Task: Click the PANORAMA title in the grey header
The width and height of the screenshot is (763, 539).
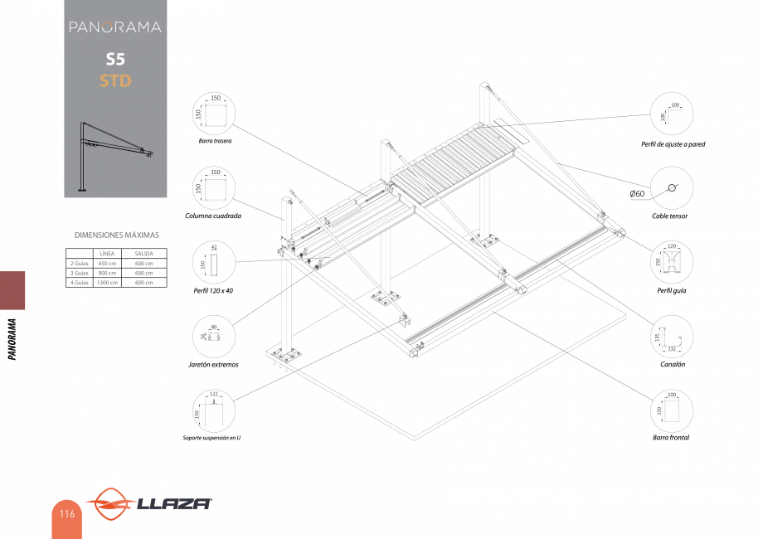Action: [115, 27]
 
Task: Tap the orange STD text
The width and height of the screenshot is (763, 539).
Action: [115, 80]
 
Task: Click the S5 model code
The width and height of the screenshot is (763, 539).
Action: [115, 60]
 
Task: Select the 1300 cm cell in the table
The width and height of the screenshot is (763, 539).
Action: [107, 283]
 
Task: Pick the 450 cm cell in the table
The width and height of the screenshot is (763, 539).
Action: [107, 263]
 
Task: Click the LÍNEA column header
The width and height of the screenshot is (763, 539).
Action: [107, 253]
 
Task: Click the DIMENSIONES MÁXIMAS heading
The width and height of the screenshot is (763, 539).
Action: [116, 236]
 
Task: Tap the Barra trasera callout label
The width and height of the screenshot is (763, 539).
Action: [215, 141]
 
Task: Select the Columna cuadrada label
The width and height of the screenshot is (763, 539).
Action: [214, 216]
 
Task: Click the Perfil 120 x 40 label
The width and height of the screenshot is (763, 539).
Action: [214, 291]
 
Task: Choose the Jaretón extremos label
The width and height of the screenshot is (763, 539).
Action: [214, 365]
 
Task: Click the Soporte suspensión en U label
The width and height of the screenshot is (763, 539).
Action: [212, 438]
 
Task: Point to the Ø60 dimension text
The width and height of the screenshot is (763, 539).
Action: [637, 193]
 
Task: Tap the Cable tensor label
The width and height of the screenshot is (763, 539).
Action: [670, 216]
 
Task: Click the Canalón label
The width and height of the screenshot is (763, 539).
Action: [672, 364]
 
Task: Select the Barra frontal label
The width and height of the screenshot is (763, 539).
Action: [671, 437]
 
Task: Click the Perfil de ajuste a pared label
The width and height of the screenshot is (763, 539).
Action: [673, 144]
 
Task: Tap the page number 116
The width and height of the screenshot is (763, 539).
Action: [66, 514]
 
